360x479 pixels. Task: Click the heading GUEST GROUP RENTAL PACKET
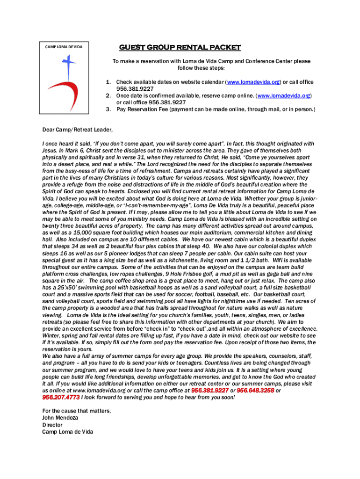point(180,47)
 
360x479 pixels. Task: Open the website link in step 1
point(253,82)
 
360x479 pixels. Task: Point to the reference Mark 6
point(83,151)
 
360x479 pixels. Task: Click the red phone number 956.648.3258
point(255,390)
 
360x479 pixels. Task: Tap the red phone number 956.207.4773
point(61,397)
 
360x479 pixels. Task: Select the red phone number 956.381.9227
point(210,390)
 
